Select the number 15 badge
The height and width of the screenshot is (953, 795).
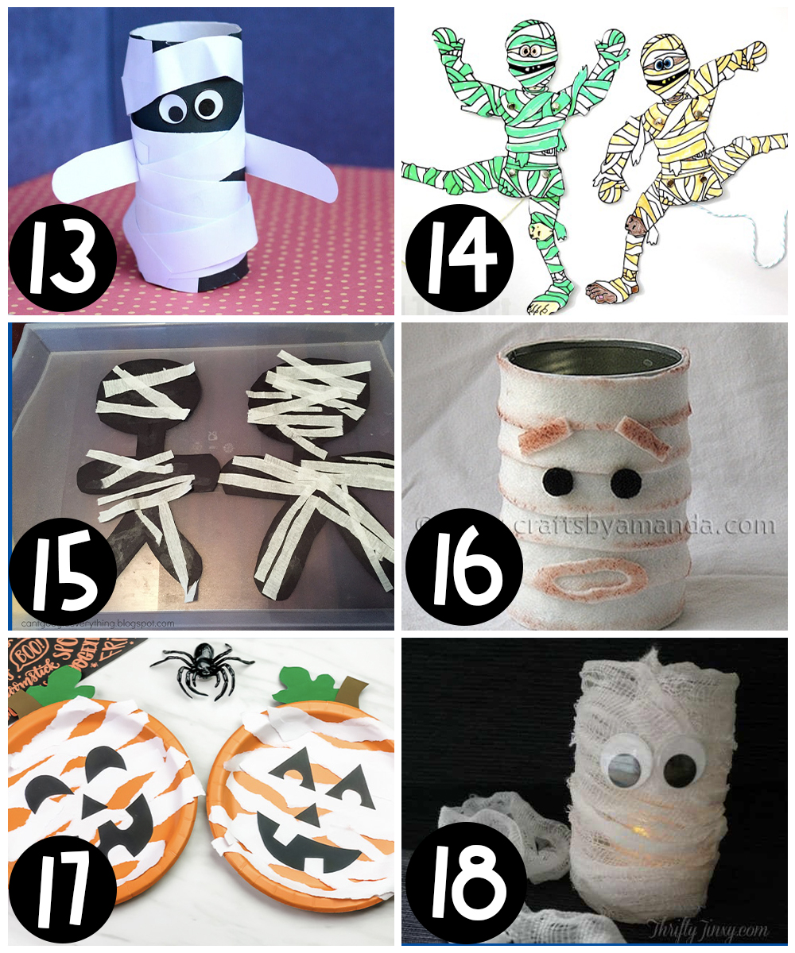[63, 571]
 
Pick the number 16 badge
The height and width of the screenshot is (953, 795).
[460, 569]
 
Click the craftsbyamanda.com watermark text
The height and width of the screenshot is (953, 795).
[636, 526]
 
